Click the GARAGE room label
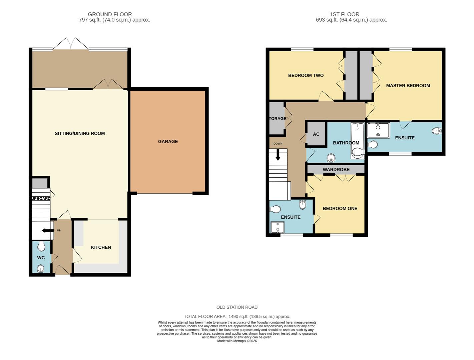click(x=168, y=141)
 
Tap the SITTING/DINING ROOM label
click(x=80, y=133)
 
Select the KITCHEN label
click(x=101, y=247)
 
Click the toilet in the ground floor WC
click(x=41, y=246)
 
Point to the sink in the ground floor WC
click(x=41, y=269)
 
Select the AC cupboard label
click(x=316, y=134)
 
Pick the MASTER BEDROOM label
click(x=408, y=86)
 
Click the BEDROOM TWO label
click(x=306, y=75)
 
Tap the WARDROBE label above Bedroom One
click(x=336, y=170)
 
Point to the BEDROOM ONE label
click(x=340, y=208)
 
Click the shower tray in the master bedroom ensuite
click(x=378, y=130)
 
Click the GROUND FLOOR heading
click(x=110, y=14)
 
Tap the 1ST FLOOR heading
click(x=344, y=14)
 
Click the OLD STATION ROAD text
click(x=237, y=307)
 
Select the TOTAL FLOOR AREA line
click(x=237, y=316)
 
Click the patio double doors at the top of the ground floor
click(x=71, y=45)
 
